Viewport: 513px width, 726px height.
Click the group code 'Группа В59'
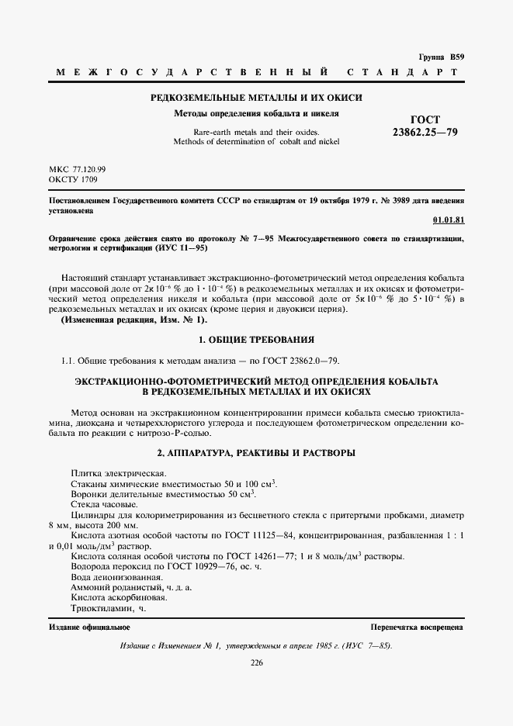[x=441, y=58]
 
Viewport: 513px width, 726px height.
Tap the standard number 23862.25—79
[x=425, y=133]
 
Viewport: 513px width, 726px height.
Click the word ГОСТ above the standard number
[x=425, y=119]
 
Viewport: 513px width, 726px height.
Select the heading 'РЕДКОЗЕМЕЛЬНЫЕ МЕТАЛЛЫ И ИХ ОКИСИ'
[x=255, y=98]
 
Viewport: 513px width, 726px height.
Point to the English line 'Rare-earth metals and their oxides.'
[x=256, y=131]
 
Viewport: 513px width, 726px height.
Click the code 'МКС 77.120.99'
[x=77, y=168]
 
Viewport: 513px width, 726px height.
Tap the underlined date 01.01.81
[x=448, y=220]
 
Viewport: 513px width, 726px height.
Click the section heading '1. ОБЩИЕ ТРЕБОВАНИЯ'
[x=256, y=340]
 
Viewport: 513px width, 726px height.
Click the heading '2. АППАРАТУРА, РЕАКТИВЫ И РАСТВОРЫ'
[x=256, y=451]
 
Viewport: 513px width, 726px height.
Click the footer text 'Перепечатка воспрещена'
[x=417, y=626]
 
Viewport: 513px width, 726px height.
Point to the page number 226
[x=256, y=662]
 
